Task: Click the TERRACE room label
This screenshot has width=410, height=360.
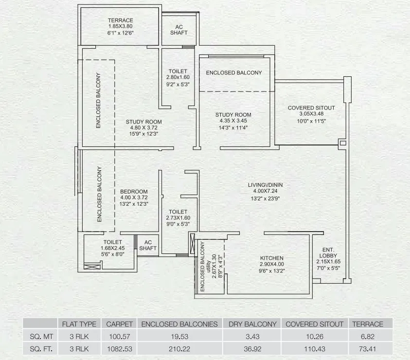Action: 120,20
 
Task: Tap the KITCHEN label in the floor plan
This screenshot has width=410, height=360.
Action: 271,258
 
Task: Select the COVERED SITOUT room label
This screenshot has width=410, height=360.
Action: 311,108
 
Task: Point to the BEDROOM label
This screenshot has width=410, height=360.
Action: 134,192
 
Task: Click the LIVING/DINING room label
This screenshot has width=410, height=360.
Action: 266,185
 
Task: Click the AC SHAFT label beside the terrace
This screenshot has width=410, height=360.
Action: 178,29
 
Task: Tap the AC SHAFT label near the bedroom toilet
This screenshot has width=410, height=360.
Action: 148,245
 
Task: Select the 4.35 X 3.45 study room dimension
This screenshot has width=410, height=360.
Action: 233,122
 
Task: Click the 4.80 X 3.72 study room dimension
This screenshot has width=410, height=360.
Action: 143,127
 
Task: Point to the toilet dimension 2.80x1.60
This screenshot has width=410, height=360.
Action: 178,77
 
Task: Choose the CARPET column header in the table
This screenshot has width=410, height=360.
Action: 119,324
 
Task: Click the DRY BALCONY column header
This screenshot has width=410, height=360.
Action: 252,324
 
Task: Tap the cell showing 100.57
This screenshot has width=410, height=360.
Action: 119,336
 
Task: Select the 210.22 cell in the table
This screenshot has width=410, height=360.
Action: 179,348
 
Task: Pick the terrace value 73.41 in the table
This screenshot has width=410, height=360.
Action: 368,348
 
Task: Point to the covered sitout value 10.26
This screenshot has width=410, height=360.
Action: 314,336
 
